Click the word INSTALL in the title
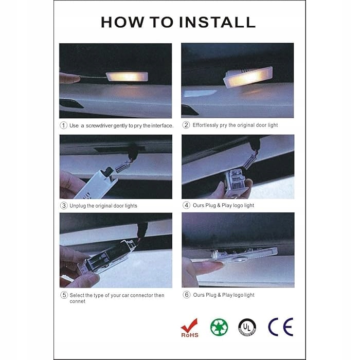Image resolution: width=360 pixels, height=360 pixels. coord(217,22)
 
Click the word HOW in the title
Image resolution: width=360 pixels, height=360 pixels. coord(122,22)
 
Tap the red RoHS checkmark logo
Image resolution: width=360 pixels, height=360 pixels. coord(190,328)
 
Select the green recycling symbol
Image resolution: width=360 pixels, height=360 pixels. coord(219,327)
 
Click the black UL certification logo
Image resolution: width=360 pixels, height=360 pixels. coord(247,327)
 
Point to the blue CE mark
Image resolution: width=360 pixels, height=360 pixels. coord(281,327)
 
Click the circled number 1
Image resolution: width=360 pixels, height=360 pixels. coord(63,125)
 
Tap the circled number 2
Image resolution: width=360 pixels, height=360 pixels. coord(186,125)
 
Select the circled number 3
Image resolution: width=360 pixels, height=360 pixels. coord(64,206)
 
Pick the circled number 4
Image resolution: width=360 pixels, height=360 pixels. coord(186,205)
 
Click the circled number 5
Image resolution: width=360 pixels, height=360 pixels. coord(64,295)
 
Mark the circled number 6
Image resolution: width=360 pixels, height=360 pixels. coord(186,295)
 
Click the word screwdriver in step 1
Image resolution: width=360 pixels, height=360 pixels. coord(99,125)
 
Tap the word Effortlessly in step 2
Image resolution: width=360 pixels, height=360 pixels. coord(205,125)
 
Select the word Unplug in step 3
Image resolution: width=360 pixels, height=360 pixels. coord(78,206)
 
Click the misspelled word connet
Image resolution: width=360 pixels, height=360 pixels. coord(77,301)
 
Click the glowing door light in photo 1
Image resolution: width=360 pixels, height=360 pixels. coord(127,77)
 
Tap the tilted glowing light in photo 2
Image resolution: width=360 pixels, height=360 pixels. coord(248,77)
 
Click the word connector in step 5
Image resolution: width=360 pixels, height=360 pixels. coord(141,295)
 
